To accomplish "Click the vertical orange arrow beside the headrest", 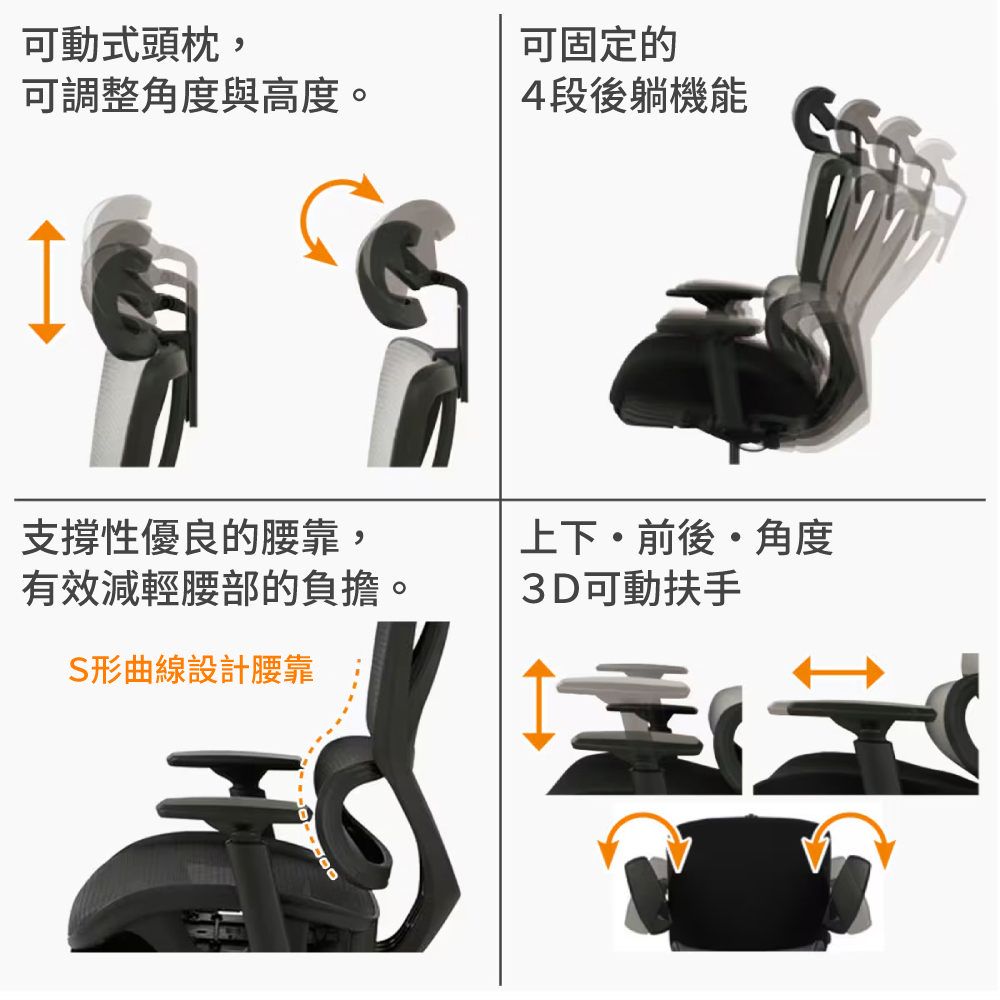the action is click(x=47, y=282).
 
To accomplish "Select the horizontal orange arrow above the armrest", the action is click(x=838, y=672).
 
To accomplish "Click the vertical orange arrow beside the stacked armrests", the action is click(x=539, y=705).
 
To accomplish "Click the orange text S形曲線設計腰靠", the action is click(x=191, y=669).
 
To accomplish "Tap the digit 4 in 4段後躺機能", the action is click(x=533, y=96).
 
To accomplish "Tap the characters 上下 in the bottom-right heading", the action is click(x=559, y=538).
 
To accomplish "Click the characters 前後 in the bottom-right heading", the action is click(x=676, y=538).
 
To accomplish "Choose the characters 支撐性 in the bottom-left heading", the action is click(x=81, y=538).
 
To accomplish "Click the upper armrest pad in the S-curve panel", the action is click(x=233, y=760).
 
